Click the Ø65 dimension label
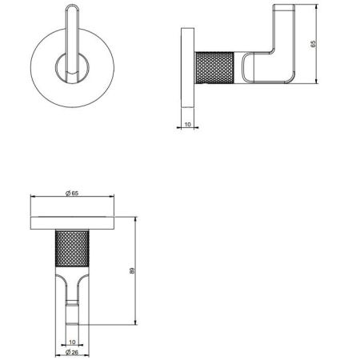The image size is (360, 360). pos(72,193)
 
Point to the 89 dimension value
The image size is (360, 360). pos(132,270)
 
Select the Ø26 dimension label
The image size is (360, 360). pos(72,352)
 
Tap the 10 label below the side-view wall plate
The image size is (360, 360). pos(188,124)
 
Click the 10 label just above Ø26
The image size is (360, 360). pos(72,342)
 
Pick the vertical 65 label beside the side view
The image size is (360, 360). pos(313,44)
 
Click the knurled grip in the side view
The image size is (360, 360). pos(215,68)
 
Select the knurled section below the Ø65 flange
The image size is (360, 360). pos(72,249)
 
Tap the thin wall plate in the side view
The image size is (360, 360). pos(188,68)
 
